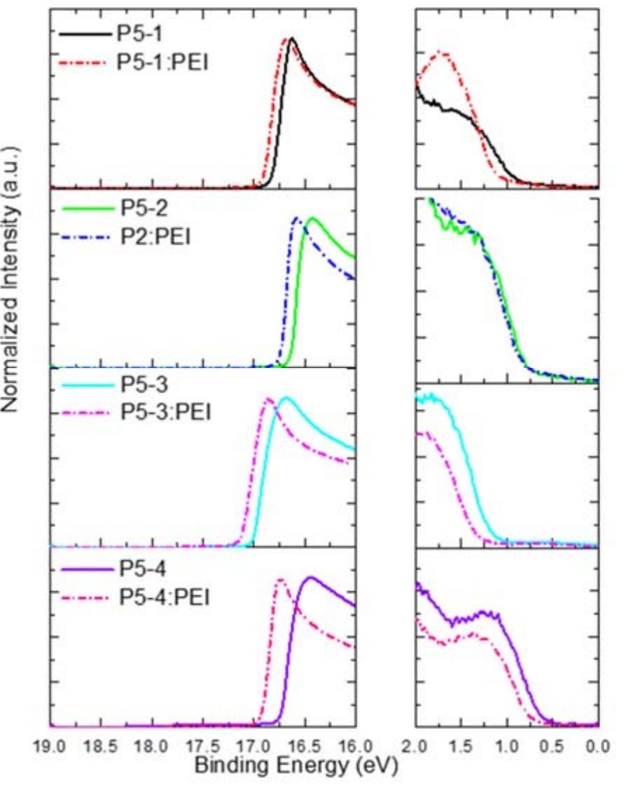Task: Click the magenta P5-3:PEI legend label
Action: click(166, 414)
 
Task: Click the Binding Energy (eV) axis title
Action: click(295, 767)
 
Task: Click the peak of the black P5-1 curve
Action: click(291, 39)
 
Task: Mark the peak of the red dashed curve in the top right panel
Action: click(442, 52)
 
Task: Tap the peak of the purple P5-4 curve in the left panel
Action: click(309, 578)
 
